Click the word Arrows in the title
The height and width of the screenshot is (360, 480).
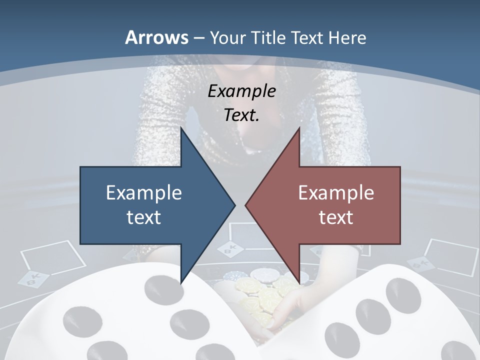point(156,37)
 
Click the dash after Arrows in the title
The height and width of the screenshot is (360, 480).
point(199,38)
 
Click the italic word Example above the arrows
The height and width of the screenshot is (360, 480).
point(241,91)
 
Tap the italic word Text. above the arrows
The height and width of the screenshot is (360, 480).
point(241,115)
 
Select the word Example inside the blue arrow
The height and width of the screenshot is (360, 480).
point(144,193)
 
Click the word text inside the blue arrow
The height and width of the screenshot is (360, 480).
point(144,217)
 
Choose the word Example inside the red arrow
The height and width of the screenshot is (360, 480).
point(336,193)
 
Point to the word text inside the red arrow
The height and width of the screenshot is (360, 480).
point(336,217)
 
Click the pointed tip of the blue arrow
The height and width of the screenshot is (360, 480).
point(234,205)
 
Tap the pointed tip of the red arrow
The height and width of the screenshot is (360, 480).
point(245,205)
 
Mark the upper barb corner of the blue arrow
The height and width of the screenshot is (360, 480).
point(181,128)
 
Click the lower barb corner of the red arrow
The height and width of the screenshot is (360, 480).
point(299,283)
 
